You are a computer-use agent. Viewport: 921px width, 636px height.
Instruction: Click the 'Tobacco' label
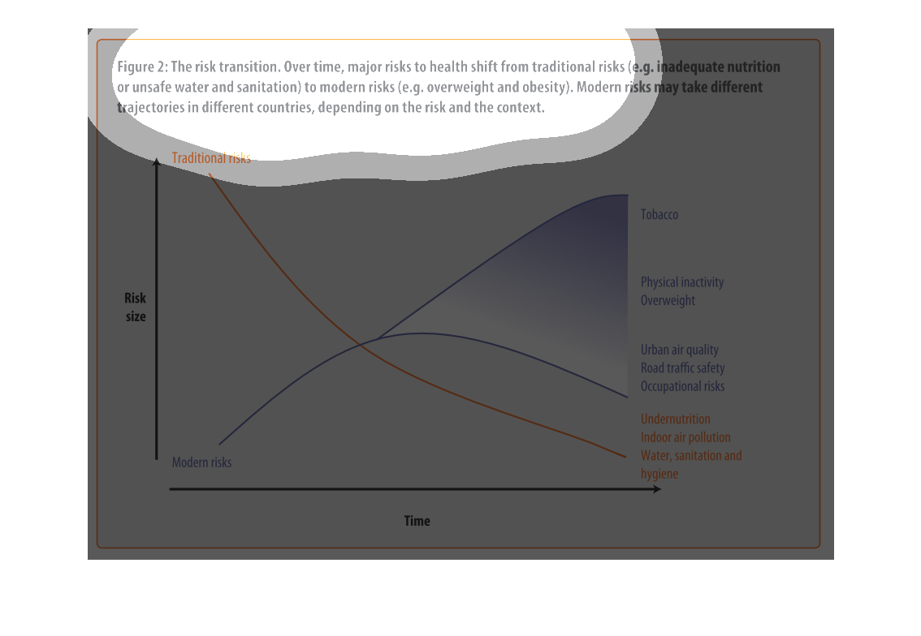659,215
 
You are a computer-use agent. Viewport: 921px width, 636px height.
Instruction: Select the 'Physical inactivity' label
682,282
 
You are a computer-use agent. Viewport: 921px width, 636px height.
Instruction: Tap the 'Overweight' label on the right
668,300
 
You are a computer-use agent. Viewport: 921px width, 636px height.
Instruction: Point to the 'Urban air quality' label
680,350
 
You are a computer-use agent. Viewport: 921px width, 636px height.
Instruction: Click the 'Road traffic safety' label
682,367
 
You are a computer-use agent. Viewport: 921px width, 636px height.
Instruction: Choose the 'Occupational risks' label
682,386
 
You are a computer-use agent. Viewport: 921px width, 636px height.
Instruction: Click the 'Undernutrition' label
676,419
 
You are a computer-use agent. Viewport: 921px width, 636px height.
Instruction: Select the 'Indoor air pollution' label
685,437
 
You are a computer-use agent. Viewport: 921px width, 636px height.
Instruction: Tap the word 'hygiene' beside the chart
659,474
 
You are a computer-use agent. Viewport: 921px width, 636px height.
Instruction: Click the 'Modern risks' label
201,462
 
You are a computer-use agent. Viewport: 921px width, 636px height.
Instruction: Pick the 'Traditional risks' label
211,158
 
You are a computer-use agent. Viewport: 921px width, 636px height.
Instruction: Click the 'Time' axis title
417,521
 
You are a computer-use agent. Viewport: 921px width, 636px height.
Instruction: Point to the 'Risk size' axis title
135,307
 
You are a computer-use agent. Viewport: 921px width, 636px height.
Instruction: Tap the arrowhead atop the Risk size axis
156,161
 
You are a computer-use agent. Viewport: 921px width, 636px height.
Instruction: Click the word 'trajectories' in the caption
150,107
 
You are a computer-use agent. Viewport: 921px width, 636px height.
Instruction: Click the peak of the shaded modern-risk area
626,196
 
